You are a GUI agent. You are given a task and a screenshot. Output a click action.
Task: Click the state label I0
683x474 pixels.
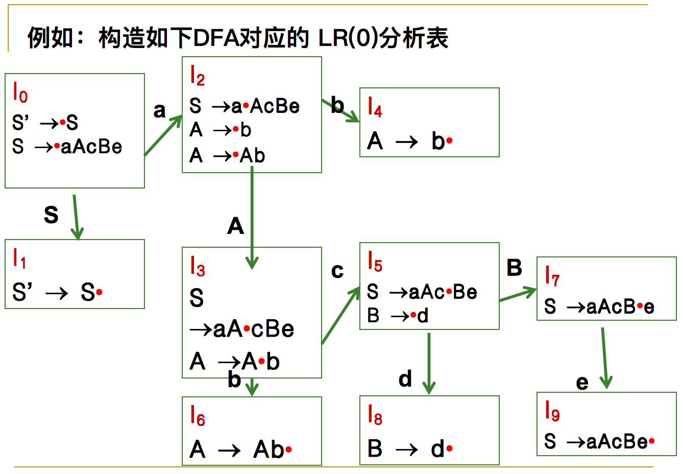point(20,93)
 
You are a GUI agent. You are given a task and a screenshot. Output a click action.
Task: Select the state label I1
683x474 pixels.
point(19,258)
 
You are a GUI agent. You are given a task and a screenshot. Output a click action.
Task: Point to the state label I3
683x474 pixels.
point(197,266)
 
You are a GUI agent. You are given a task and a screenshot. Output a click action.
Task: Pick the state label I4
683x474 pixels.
point(375,107)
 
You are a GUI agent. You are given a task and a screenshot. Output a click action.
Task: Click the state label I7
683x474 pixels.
point(552,276)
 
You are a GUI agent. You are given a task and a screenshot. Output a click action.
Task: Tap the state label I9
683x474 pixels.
point(552,411)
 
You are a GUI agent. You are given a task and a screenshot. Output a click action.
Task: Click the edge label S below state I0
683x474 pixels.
point(51,215)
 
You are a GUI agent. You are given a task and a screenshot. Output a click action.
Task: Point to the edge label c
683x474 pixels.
point(337,271)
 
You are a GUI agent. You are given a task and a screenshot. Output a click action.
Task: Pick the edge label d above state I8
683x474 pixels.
point(405,379)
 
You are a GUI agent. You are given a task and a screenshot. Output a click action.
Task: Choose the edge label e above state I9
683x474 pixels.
point(582,382)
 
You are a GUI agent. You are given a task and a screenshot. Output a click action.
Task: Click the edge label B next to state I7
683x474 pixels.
point(514,268)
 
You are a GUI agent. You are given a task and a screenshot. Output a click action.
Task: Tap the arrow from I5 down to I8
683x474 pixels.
point(429,363)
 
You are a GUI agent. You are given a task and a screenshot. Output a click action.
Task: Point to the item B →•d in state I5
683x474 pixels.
point(398,316)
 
